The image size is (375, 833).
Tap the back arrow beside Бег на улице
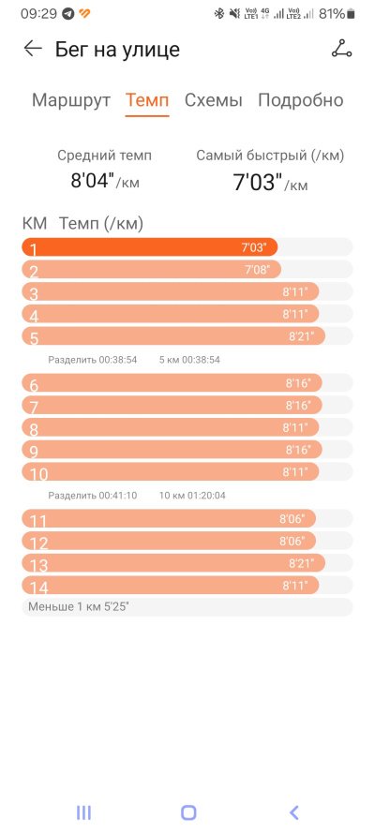tap(33, 49)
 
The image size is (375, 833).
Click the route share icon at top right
tap(341, 49)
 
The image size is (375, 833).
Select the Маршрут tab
tap(71, 100)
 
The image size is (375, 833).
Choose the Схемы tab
tap(214, 100)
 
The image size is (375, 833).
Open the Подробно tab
tap(301, 100)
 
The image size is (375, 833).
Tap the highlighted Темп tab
tap(147, 100)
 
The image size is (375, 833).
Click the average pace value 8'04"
tap(93, 181)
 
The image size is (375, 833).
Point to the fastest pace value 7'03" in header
tap(257, 182)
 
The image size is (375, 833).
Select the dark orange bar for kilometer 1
tap(150, 247)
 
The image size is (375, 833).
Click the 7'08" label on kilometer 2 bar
tap(257, 269)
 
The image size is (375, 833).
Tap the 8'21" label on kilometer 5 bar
tap(301, 336)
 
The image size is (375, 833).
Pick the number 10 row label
tap(38, 474)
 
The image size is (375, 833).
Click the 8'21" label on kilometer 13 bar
tap(301, 562)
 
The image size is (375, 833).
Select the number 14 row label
tap(38, 587)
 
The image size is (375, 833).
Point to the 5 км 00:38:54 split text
tap(189, 360)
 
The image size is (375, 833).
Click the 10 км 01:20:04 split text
tap(192, 496)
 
